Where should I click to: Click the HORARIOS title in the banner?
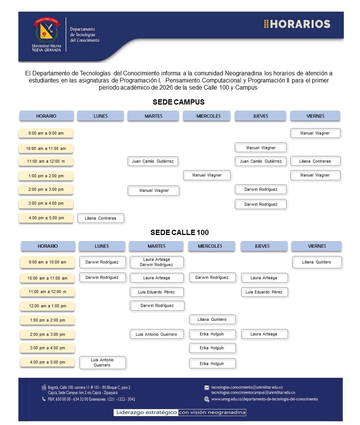pyautogui.click(x=297, y=24)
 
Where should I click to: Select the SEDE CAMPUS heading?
pyautogui.click(x=178, y=102)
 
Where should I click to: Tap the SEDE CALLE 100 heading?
pyautogui.click(x=179, y=232)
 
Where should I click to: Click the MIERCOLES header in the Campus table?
pyautogui.click(x=208, y=116)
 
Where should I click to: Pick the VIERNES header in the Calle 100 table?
pyautogui.click(x=317, y=246)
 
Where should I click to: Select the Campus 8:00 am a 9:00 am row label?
pyautogui.click(x=46, y=133)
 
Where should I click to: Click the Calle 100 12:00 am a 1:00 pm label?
pyautogui.click(x=48, y=306)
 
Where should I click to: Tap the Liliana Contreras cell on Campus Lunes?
pyautogui.click(x=100, y=218)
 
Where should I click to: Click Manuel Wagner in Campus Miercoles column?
pyautogui.click(x=207, y=175)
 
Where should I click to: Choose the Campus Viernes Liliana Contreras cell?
pyautogui.click(x=315, y=161)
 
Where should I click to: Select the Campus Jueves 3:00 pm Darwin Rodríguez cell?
pyautogui.click(x=261, y=204)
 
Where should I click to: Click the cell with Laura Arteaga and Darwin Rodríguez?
pyautogui.click(x=156, y=262)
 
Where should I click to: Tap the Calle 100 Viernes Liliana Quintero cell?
pyautogui.click(x=317, y=262)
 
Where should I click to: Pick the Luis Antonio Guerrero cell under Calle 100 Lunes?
pyautogui.click(x=102, y=362)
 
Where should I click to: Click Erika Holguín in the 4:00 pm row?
pyautogui.click(x=212, y=364)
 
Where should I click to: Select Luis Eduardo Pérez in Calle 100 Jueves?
pyautogui.click(x=264, y=292)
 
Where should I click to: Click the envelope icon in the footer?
pyautogui.click(x=207, y=388)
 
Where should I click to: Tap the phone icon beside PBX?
pyautogui.click(x=44, y=399)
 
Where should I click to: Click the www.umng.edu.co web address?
pyautogui.click(x=264, y=399)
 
